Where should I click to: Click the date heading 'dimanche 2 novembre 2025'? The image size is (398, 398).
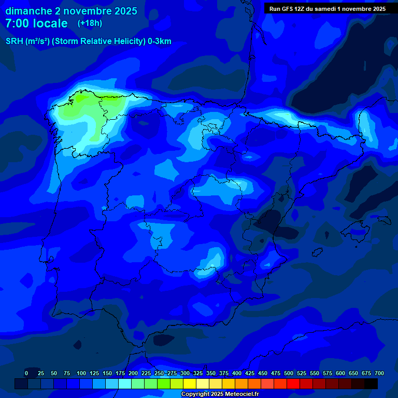(x=71, y=11)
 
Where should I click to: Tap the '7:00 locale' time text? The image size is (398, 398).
(x=36, y=23)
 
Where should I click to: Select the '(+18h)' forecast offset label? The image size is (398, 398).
(x=90, y=23)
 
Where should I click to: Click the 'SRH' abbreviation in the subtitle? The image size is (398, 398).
(x=14, y=41)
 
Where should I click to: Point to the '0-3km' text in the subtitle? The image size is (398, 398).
(x=160, y=41)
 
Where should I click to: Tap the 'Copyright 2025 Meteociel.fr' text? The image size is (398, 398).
(x=220, y=394)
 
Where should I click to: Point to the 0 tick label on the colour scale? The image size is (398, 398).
(x=26, y=373)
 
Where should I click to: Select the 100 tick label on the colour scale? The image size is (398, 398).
(x=81, y=373)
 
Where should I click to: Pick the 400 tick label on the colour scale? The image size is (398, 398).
(x=237, y=373)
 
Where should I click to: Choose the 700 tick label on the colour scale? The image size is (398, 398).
(x=379, y=373)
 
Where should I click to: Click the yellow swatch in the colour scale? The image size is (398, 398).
(x=190, y=383)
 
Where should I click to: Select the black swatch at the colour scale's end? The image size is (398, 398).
(x=371, y=383)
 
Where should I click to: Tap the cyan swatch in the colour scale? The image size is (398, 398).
(x=125, y=383)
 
